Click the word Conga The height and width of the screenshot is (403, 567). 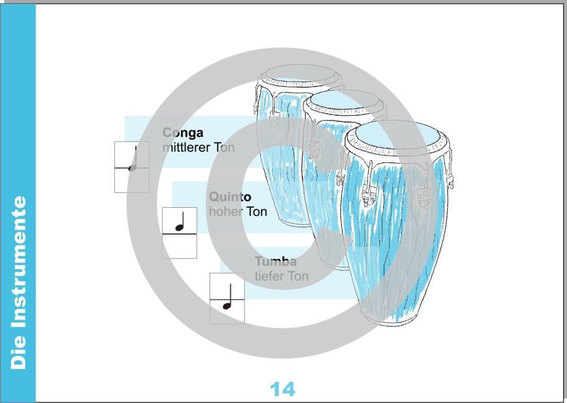(183, 133)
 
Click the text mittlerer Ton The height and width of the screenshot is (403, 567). (198, 147)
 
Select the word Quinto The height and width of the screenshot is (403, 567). (230, 197)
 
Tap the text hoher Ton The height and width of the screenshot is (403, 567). (238, 211)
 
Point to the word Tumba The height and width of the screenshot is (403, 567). (276, 261)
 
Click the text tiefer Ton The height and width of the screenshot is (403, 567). (282, 276)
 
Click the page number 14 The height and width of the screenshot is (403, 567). (282, 389)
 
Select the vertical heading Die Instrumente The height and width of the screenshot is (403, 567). (19, 282)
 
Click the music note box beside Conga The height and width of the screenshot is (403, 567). (132, 167)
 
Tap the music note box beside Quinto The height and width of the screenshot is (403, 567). (179, 233)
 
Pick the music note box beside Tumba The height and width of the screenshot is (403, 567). (227, 299)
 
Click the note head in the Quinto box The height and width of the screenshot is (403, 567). (179, 228)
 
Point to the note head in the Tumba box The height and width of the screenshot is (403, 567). (227, 306)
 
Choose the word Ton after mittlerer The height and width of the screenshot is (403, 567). (224, 147)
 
